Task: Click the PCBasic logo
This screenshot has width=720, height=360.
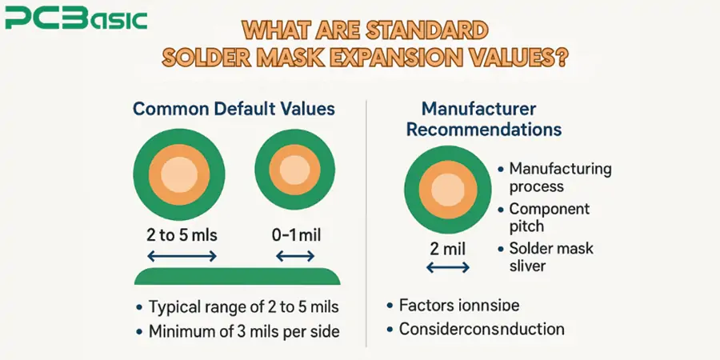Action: pos(76,18)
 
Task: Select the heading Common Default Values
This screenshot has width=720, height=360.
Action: pos(234,110)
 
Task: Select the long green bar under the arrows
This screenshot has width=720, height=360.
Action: pos(238,277)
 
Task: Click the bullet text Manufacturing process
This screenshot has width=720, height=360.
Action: pos(560,178)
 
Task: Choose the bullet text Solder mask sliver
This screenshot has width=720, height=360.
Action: pos(551,256)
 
